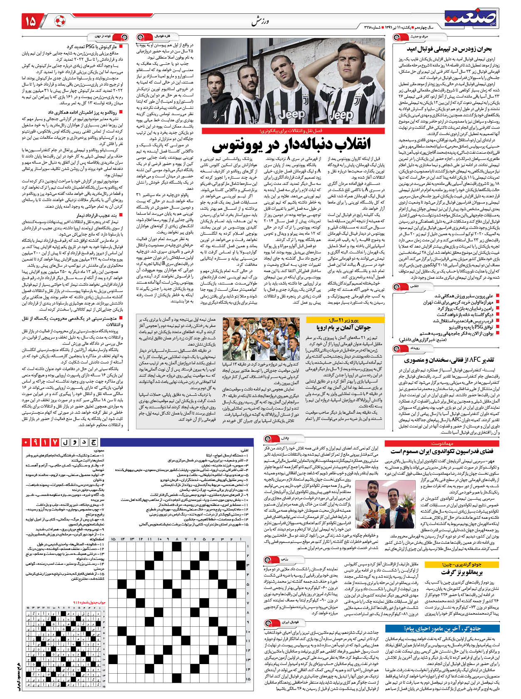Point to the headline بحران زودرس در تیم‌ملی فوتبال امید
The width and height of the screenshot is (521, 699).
(452, 49)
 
